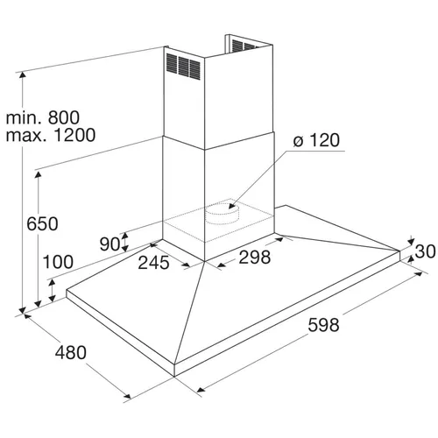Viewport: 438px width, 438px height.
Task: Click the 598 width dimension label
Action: point(323,325)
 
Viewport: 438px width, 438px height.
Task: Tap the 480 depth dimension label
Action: point(71,352)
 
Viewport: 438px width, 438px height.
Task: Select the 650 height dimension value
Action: point(42,224)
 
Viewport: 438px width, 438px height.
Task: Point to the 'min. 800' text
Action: point(43,117)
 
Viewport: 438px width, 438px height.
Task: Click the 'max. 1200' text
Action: point(51,135)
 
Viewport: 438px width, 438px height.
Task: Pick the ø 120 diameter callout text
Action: point(316,140)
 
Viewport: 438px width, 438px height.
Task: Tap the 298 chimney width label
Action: point(255,258)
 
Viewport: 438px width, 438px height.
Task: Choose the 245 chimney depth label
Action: point(153,263)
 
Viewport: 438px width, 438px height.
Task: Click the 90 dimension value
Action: point(109,244)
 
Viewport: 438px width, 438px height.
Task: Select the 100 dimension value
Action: point(58,262)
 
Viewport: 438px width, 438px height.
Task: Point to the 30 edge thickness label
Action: point(425,251)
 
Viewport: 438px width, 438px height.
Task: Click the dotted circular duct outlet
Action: point(223,214)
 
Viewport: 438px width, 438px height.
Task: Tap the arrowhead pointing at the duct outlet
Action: point(231,206)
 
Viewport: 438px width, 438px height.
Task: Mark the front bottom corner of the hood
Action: point(174,377)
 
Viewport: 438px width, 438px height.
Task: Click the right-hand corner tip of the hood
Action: point(399,251)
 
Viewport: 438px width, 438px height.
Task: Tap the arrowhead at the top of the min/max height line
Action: point(22,75)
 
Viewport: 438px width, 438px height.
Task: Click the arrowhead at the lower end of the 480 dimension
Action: point(127,396)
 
